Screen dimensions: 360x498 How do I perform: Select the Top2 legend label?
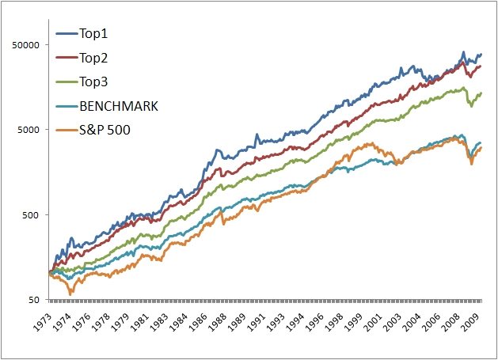(x=93, y=58)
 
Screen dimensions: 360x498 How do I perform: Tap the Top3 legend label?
(x=93, y=81)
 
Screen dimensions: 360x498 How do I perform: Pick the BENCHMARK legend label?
(x=118, y=105)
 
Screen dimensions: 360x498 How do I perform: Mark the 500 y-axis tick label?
(x=32, y=214)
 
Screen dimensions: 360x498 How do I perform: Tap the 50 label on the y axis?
(x=35, y=300)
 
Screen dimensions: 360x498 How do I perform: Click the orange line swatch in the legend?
(x=66, y=129)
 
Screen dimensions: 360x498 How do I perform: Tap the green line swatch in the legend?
(x=66, y=81)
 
